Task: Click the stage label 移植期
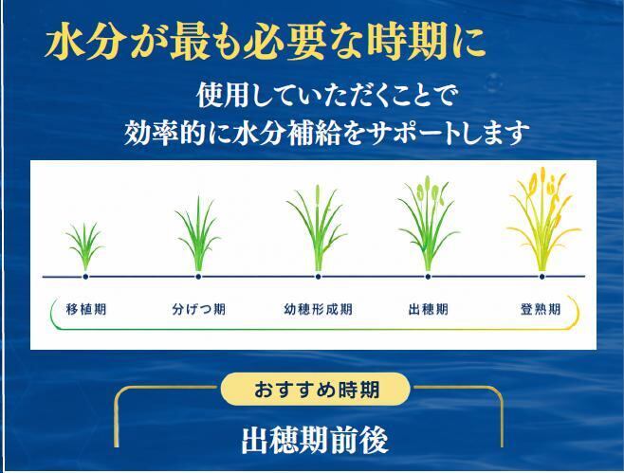point(86,309)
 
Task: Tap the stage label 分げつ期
point(199,309)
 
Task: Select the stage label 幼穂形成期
point(318,309)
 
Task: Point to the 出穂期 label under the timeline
point(429,309)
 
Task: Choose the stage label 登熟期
point(541,309)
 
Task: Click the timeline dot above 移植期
point(85,277)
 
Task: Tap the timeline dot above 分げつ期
point(198,277)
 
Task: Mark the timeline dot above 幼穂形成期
point(318,277)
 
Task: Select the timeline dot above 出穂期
point(428,277)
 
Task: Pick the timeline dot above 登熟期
point(541,277)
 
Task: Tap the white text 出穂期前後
point(315,441)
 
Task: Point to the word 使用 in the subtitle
point(223,95)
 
